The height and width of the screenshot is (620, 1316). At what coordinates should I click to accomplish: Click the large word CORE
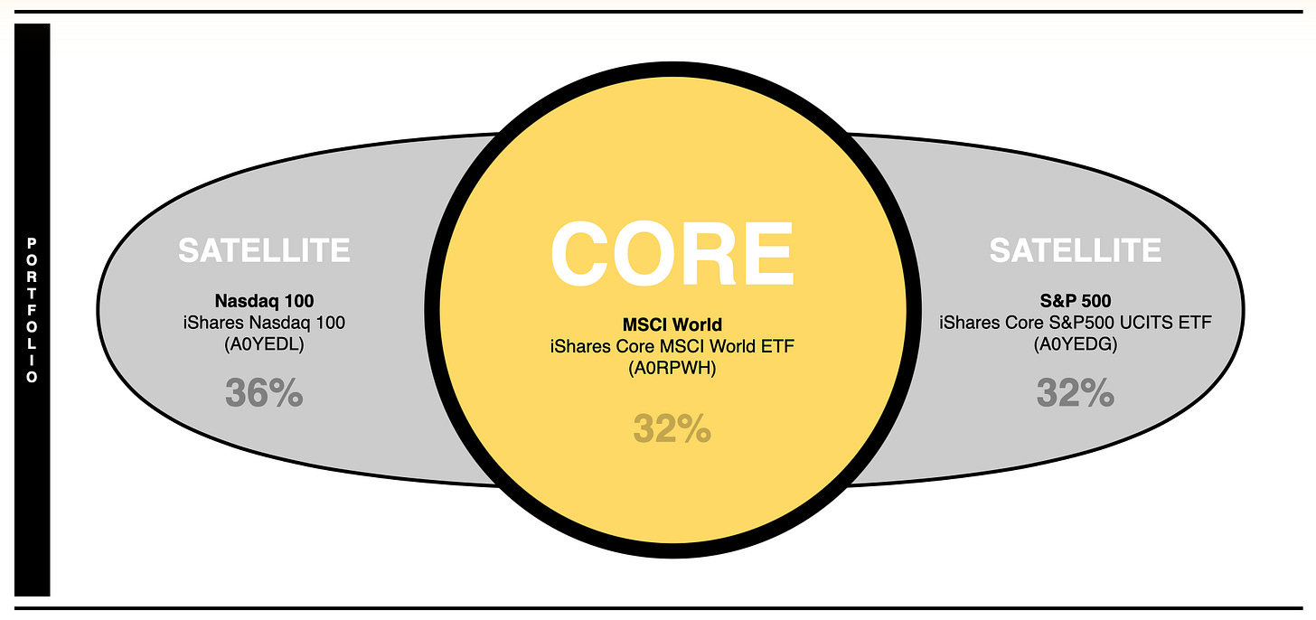pos(672,254)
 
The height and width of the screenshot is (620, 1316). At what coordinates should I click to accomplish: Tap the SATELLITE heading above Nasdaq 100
pos(264,250)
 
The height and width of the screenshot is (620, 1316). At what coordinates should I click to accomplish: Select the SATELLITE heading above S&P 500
pos(1075,250)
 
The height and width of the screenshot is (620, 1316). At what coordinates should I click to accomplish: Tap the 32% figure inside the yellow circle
pos(672,429)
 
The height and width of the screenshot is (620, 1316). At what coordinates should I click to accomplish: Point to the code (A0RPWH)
pos(672,369)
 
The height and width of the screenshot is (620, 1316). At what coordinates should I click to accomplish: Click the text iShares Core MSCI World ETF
pos(672,347)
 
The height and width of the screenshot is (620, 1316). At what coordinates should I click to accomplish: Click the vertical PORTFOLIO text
pos(33,310)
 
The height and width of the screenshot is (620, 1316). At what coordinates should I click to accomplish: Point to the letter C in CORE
pos(581,254)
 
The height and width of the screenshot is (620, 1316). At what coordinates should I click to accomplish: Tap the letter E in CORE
pos(764,254)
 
